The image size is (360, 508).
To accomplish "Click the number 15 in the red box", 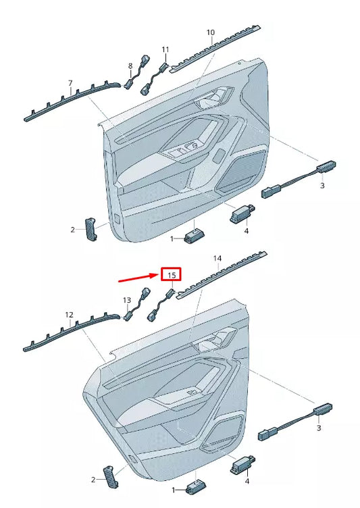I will (x=172, y=275).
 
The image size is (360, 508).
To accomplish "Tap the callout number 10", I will (x=210, y=32).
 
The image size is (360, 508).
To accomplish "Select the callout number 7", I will (x=70, y=83).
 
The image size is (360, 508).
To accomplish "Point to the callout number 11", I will (x=165, y=49).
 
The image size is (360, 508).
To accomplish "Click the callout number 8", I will (x=130, y=66).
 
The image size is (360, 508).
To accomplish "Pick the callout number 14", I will (x=217, y=259).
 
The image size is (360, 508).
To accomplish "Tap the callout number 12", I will (x=68, y=315).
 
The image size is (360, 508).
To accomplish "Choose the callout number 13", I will (x=126, y=299).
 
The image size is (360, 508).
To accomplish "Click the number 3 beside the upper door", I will (x=322, y=185).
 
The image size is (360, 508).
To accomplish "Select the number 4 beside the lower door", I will (x=247, y=481).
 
